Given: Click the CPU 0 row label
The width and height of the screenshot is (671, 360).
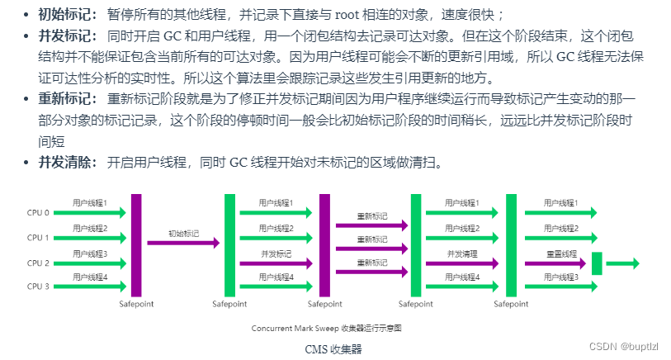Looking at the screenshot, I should (x=39, y=213).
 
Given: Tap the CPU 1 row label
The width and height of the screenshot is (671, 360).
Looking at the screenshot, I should (x=39, y=238).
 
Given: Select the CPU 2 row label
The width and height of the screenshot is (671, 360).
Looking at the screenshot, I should (x=39, y=263).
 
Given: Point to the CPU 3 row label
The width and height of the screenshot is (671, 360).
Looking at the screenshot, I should (x=39, y=287).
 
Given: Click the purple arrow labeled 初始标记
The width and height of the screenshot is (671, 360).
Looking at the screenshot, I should (x=183, y=243).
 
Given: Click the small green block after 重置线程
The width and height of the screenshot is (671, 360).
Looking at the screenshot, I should (x=597, y=263).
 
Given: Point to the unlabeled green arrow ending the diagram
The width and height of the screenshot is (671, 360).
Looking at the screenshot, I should (x=622, y=263).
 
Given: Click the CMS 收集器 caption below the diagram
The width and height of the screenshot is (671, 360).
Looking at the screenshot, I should (x=333, y=348).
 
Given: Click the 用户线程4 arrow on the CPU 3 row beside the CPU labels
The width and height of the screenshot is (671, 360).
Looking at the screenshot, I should (x=98, y=287).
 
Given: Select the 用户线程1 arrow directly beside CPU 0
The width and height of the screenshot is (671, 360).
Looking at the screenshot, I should (x=98, y=213).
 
